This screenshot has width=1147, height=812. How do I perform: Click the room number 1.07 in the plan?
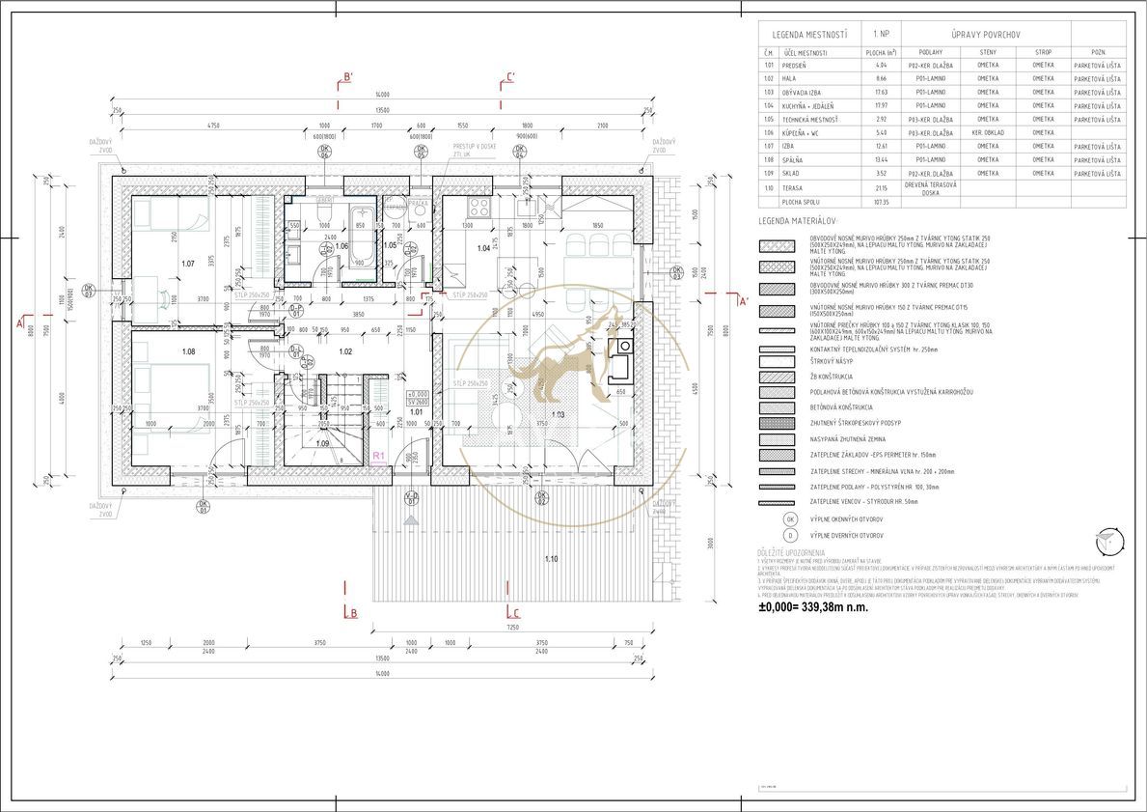(x=187, y=263)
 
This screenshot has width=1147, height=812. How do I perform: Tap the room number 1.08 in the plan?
(x=187, y=351)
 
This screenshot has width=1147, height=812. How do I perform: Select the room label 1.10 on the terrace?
(x=551, y=559)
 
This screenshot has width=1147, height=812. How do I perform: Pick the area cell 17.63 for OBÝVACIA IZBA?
(x=879, y=92)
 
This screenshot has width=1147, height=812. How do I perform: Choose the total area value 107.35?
(x=879, y=202)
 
